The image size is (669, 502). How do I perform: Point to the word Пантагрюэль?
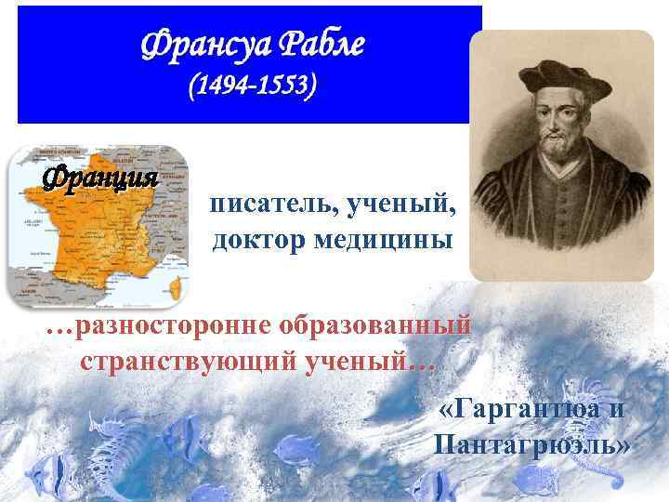click(531, 444)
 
